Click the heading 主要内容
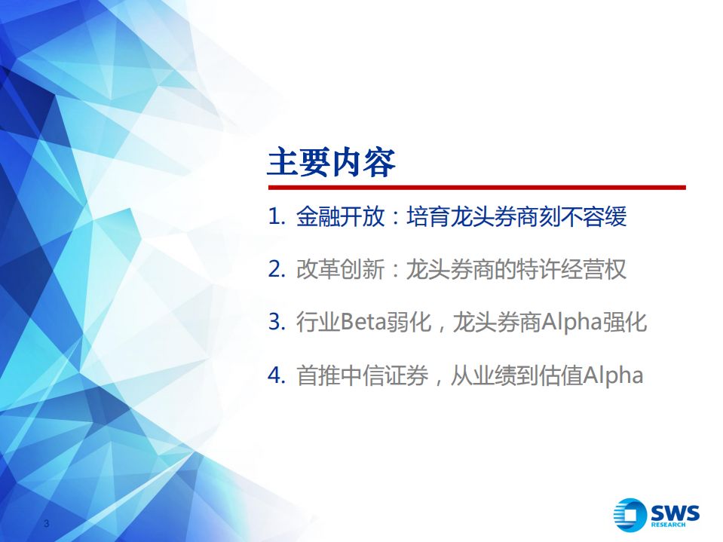click(331, 163)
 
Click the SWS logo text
click(676, 512)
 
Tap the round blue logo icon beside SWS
click(630, 515)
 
